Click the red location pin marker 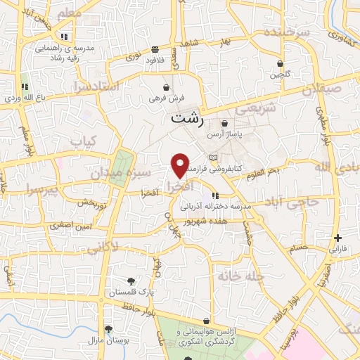(x=180, y=165)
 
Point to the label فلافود (x=155, y=60)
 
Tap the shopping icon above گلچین (x=280, y=63)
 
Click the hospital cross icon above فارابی (x=338, y=238)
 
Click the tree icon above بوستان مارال (x=108, y=329)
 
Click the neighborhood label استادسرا (x=96, y=88)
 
